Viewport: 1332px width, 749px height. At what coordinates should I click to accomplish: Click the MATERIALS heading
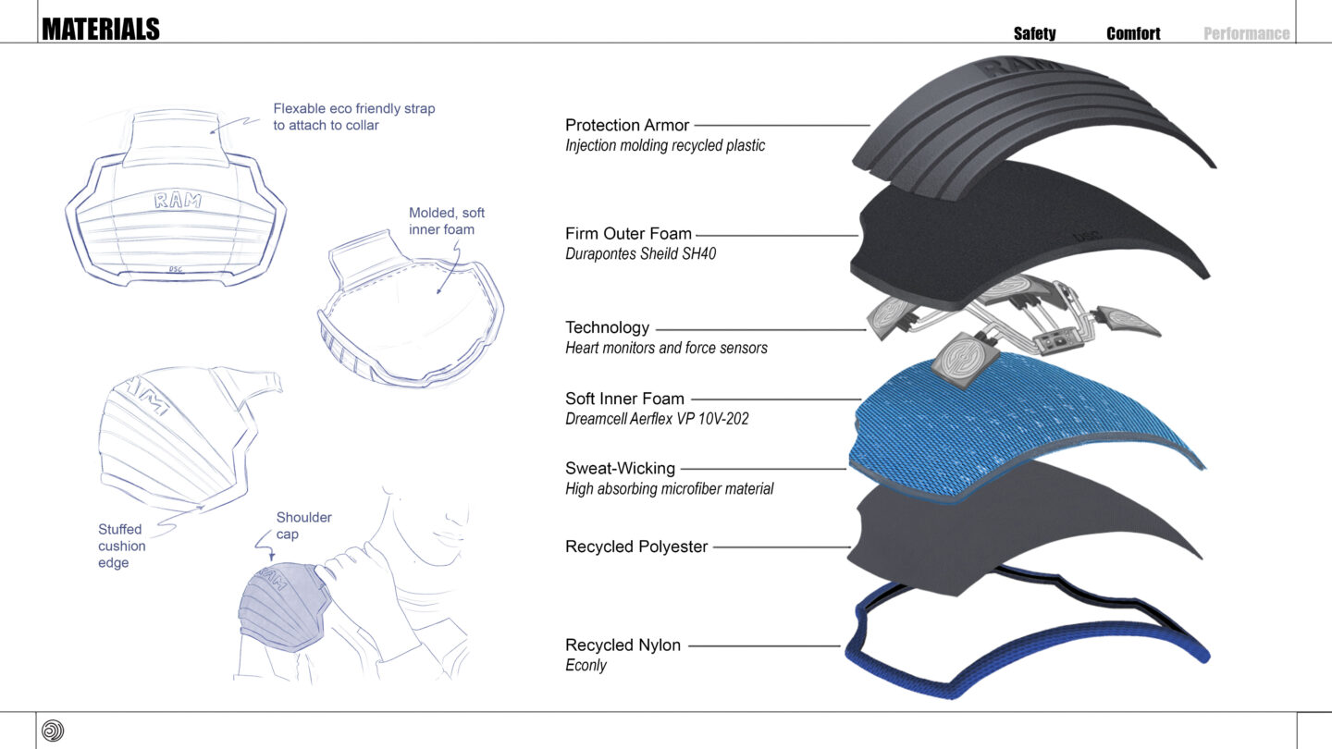tap(101, 30)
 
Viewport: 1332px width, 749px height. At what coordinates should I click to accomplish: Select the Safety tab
tap(1034, 33)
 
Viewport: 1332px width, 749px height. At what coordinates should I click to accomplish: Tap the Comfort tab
tap(1133, 33)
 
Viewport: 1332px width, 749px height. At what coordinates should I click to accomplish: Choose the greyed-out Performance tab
tap(1246, 33)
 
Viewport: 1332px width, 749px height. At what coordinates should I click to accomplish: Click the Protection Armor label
tap(628, 125)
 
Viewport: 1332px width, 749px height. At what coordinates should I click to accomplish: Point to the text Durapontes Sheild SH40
tap(640, 253)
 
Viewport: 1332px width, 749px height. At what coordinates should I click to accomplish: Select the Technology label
tap(607, 327)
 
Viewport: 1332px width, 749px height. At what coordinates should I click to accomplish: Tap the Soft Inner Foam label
tap(624, 399)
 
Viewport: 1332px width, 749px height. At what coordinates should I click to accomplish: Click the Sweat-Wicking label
tap(620, 468)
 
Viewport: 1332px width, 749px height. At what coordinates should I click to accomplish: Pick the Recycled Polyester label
tap(636, 546)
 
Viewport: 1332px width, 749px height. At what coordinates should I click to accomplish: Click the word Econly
tap(586, 665)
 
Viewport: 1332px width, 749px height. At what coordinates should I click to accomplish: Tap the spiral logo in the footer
tap(53, 731)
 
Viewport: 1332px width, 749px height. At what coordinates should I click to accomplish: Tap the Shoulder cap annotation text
tap(303, 525)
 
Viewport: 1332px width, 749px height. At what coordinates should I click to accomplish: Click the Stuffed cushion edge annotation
tap(121, 546)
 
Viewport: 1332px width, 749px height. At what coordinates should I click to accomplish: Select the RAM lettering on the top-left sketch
tap(179, 199)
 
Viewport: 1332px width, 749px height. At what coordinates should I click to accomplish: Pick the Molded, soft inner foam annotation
tap(447, 221)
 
